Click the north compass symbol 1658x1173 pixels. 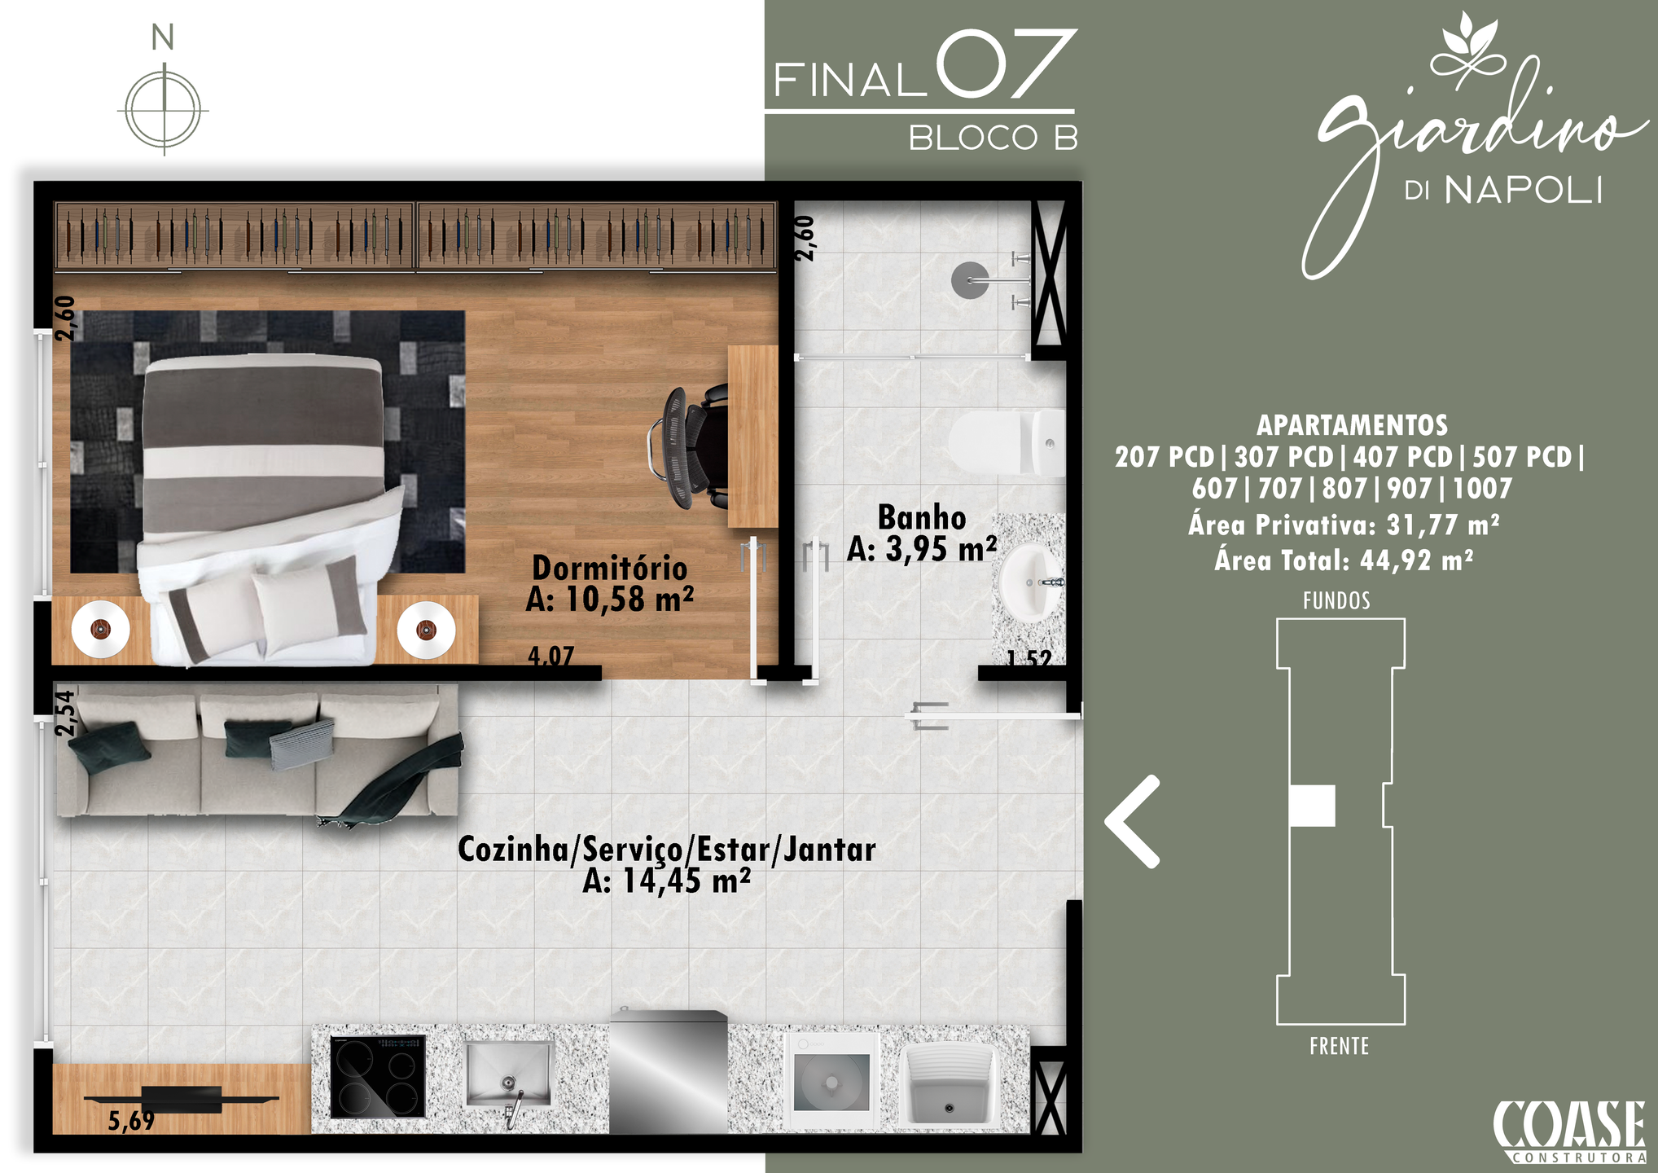pyautogui.click(x=164, y=109)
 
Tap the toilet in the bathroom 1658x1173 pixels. pyautogui.click(x=1007, y=443)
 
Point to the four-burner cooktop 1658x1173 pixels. pyautogui.click(x=378, y=1076)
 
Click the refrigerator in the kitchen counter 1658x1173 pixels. pyautogui.click(x=669, y=1073)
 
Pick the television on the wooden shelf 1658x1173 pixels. pyautogui.click(x=182, y=1100)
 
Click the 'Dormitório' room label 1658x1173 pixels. pyautogui.click(x=609, y=568)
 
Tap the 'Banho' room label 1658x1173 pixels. pyautogui.click(x=922, y=517)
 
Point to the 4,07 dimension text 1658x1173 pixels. pyautogui.click(x=551, y=656)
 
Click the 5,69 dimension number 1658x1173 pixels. pyautogui.click(x=131, y=1121)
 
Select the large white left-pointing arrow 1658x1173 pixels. pyautogui.click(x=1132, y=821)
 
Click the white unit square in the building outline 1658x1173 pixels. pyautogui.click(x=1312, y=806)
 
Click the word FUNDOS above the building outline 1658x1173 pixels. pyautogui.click(x=1336, y=601)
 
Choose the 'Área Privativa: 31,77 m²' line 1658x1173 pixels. pyautogui.click(x=1344, y=525)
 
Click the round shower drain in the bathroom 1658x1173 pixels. pyautogui.click(x=970, y=280)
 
